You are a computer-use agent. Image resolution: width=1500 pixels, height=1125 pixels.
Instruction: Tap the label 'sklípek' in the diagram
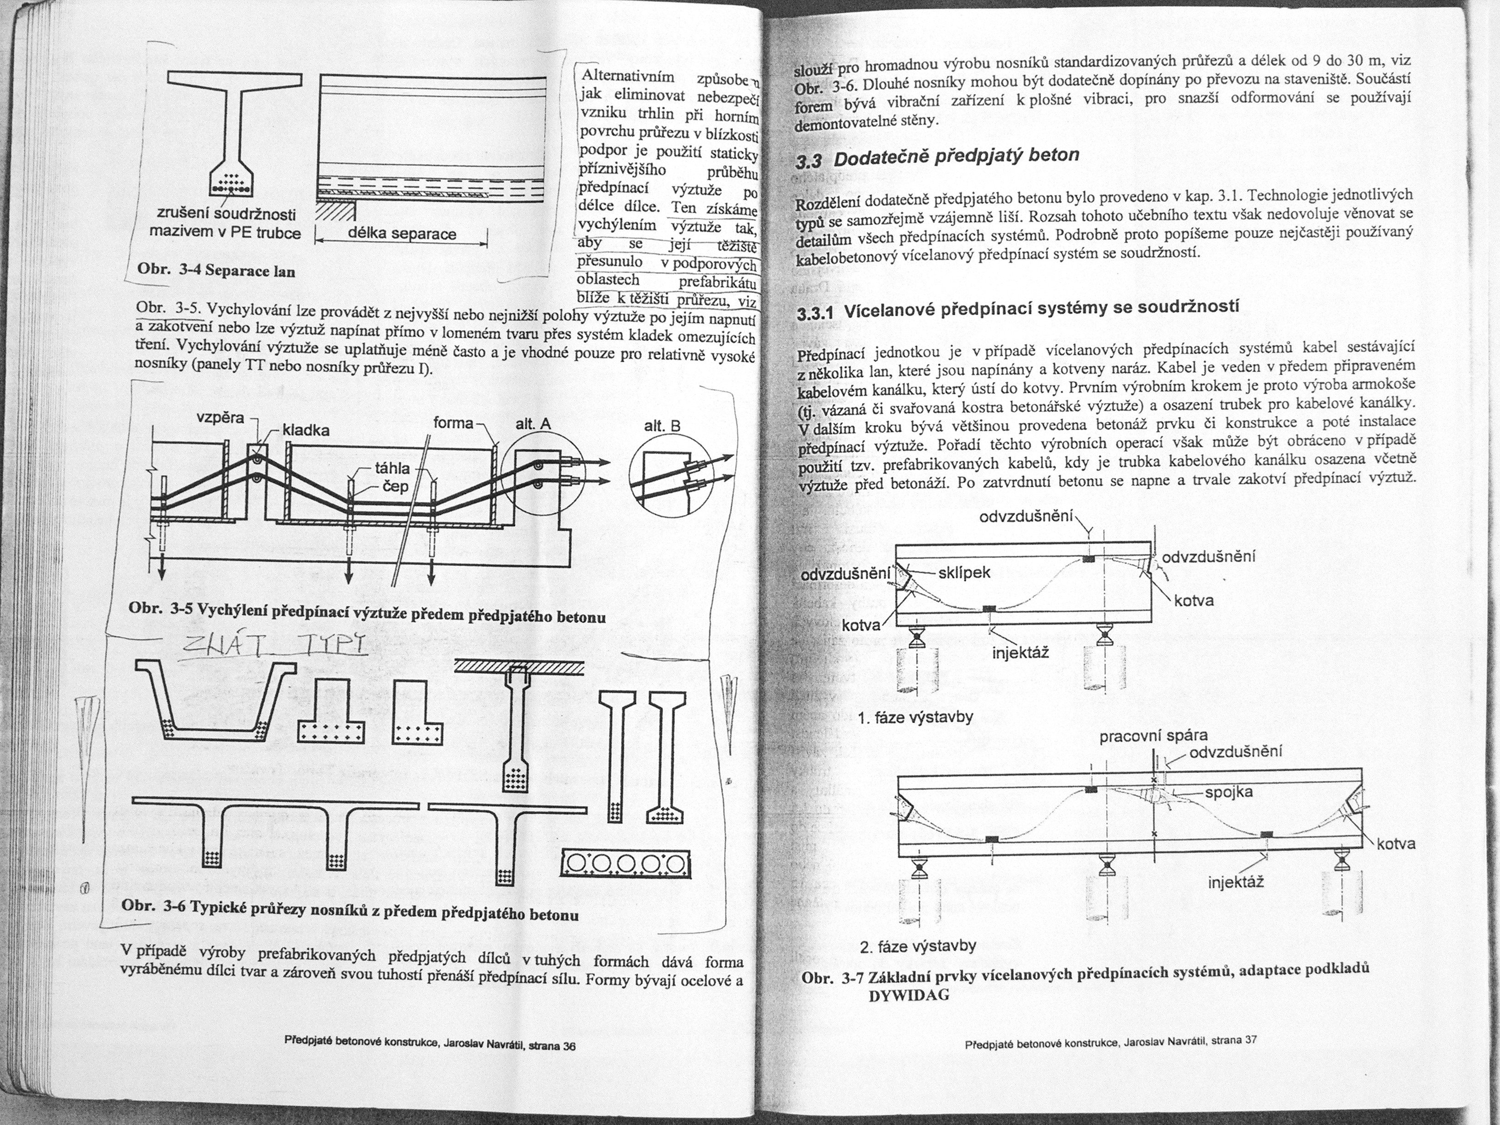(x=964, y=573)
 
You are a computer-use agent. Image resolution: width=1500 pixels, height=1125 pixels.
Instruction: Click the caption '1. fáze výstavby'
(x=915, y=717)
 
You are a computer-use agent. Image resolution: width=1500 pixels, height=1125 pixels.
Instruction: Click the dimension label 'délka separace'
(x=402, y=235)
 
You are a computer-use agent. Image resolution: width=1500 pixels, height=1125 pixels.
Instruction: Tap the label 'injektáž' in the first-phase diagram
(x=1021, y=653)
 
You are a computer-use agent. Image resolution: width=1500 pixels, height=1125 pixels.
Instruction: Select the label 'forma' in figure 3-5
(x=453, y=423)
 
